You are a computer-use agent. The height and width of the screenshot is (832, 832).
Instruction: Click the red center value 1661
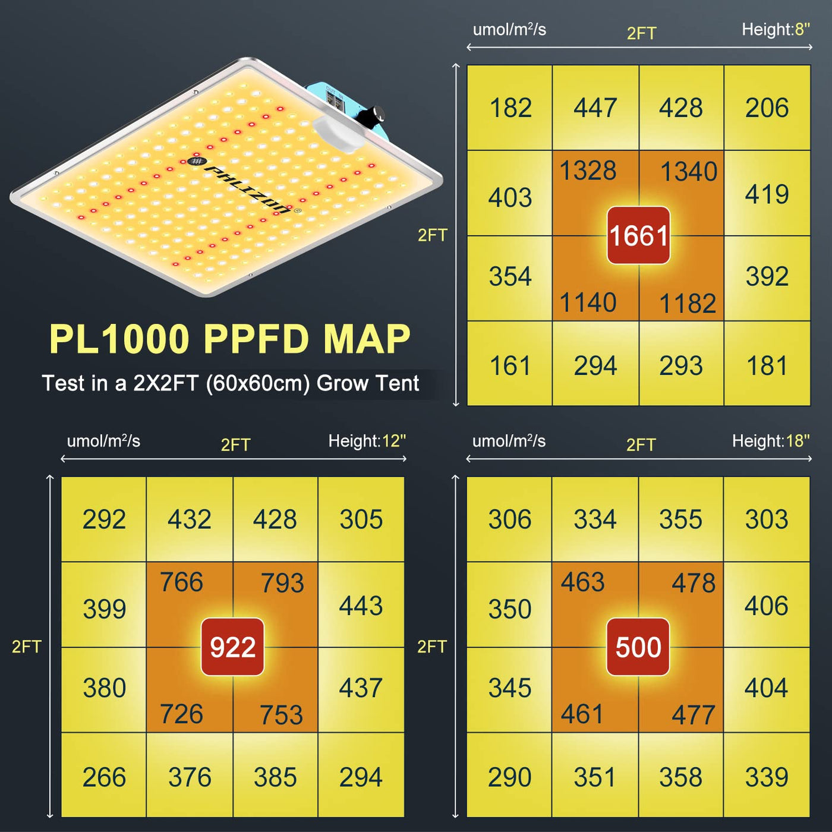tap(638, 235)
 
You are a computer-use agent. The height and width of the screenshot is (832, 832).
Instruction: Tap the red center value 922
tap(232, 647)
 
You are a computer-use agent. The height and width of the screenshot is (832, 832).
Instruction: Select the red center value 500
tap(638, 647)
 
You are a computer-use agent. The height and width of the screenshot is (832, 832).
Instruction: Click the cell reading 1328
tap(588, 171)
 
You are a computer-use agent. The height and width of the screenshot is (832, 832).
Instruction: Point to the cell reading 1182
tap(688, 304)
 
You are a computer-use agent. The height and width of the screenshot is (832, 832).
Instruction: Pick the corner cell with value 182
tap(510, 108)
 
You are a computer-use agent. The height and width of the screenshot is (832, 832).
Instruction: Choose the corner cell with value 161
tap(510, 365)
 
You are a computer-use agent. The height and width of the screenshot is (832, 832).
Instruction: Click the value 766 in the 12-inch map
tap(182, 582)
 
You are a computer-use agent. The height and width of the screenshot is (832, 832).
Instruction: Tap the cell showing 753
tap(281, 715)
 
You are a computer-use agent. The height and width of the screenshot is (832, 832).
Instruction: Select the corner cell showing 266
tap(104, 777)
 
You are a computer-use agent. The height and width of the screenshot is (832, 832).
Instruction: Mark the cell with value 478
tap(694, 583)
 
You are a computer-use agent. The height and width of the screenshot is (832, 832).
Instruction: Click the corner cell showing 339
tap(767, 777)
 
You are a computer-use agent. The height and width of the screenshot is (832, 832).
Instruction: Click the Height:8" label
tap(776, 30)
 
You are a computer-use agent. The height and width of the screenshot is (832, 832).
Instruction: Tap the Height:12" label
tap(367, 441)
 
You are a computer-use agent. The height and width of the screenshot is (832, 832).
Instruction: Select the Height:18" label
tap(771, 441)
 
